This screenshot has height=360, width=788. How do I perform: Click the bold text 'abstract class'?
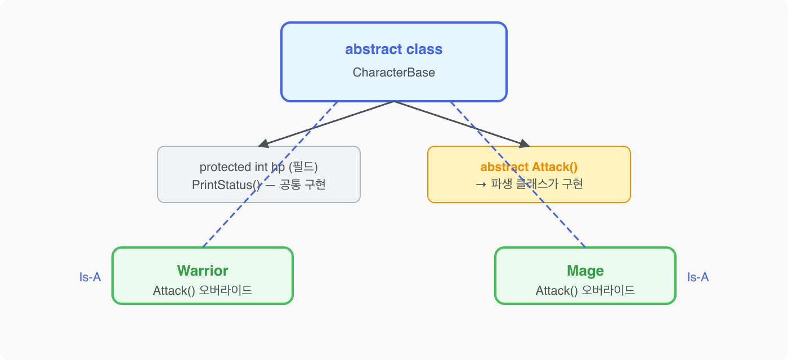(393, 49)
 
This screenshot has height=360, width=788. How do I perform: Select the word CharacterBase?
(393, 73)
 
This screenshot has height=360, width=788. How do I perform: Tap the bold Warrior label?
(203, 271)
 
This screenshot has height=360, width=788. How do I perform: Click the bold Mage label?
(585, 271)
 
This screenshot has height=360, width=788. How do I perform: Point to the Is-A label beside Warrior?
(90, 277)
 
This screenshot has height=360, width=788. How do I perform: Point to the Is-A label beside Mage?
(698, 277)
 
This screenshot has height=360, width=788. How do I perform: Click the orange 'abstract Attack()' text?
(529, 167)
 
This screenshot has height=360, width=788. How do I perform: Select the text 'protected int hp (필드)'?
(259, 167)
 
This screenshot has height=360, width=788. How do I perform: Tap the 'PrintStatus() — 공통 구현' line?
(259, 184)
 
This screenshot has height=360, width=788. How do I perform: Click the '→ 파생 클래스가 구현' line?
(529, 184)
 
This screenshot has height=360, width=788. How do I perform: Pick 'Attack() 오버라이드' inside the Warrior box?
(203, 291)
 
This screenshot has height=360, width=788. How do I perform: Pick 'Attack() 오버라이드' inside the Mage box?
(585, 291)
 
